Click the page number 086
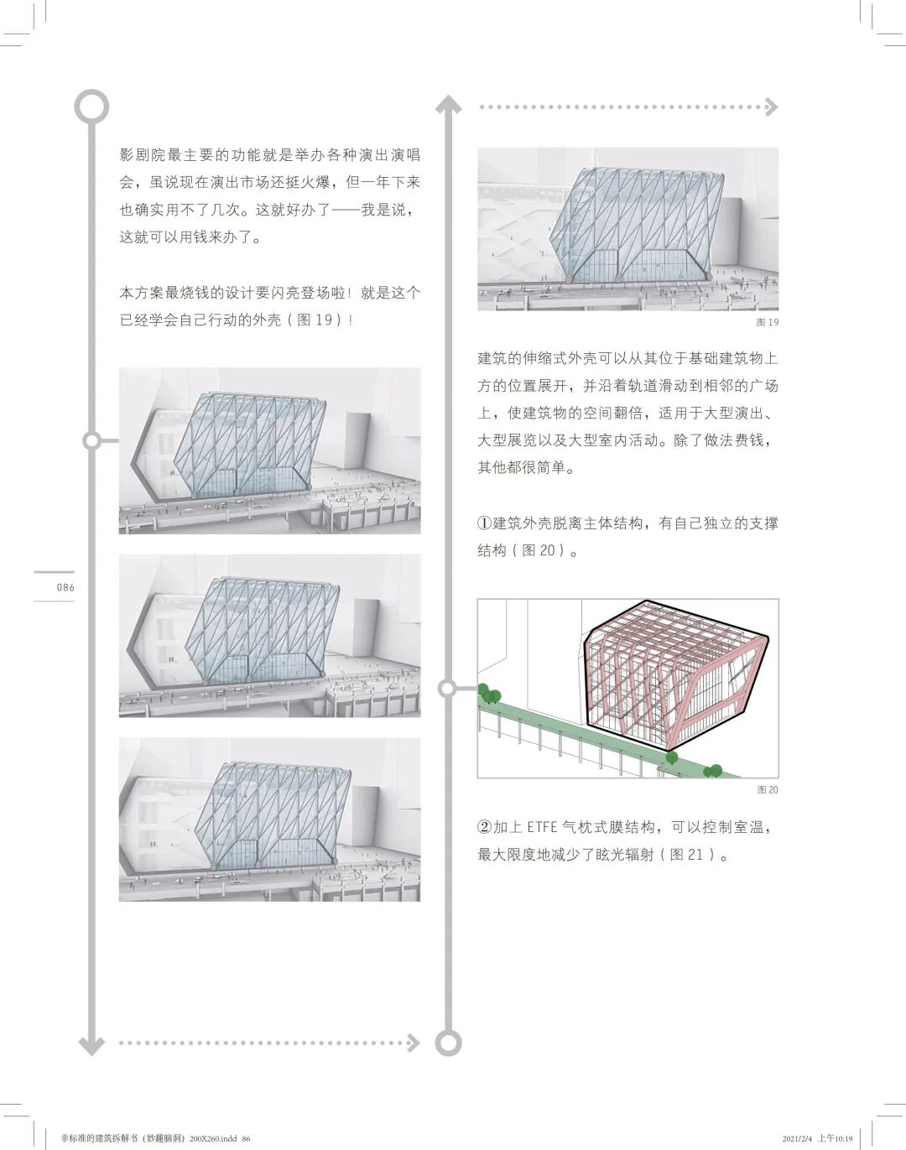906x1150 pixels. click(x=65, y=587)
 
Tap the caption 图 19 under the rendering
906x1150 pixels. click(x=767, y=322)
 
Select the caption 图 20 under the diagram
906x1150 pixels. click(x=767, y=790)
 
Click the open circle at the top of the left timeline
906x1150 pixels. click(x=91, y=106)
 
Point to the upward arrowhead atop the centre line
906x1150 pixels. click(x=448, y=106)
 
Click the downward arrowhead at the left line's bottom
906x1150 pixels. click(x=91, y=1044)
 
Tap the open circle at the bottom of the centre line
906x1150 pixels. click(x=448, y=1043)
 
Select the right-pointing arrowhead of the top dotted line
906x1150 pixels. click(x=770, y=107)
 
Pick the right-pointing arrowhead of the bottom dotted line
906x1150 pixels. click(x=411, y=1043)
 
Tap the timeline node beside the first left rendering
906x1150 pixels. click(x=92, y=441)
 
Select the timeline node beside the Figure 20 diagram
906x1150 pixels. click(x=448, y=689)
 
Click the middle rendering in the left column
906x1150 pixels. click(x=269, y=636)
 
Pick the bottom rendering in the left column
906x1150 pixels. click(x=269, y=820)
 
